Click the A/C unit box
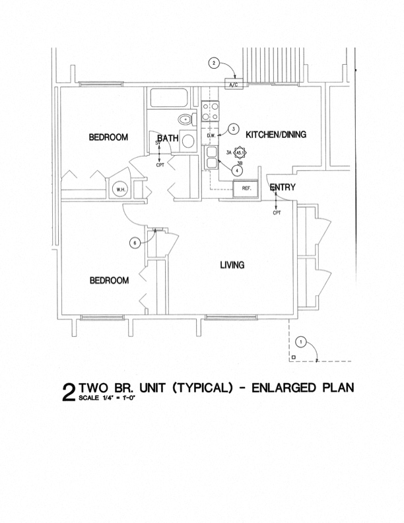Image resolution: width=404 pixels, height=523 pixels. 233,86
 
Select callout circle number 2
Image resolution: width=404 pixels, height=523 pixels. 214,63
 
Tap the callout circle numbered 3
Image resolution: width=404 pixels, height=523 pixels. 233,129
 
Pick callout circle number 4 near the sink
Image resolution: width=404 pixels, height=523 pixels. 236,169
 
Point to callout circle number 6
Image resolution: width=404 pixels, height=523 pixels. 135,243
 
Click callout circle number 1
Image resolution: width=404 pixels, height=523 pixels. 301,342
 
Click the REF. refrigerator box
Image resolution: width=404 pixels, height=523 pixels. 246,188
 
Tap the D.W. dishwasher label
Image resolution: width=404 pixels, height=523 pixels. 211,137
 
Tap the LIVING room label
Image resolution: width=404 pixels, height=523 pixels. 232,265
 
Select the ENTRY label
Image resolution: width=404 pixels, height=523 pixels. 283,188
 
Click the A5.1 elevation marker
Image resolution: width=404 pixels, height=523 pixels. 240,153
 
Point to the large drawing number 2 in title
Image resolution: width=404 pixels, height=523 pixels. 69,392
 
